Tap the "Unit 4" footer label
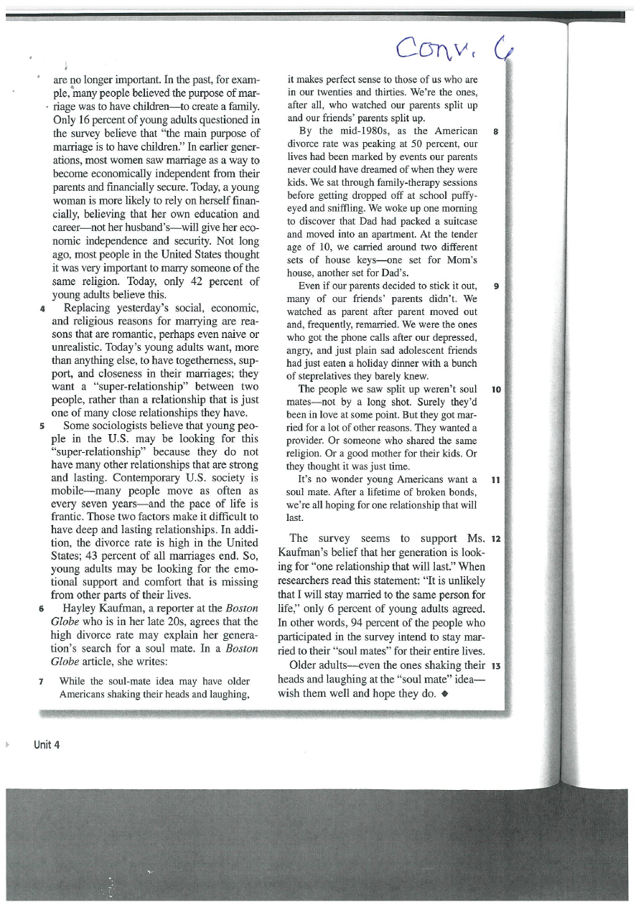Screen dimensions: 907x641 click(47, 745)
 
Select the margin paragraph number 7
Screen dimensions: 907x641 click(44, 681)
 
